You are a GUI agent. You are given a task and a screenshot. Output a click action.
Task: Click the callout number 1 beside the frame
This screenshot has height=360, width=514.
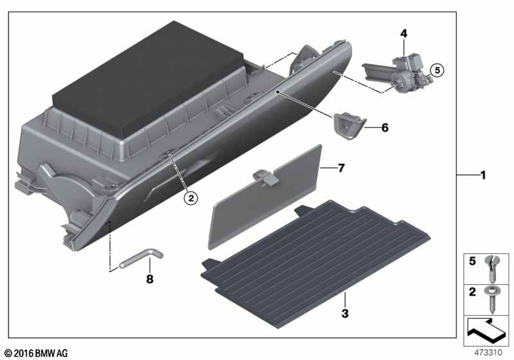[483, 175]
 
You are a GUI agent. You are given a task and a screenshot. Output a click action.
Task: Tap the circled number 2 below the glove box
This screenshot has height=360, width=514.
[190, 198]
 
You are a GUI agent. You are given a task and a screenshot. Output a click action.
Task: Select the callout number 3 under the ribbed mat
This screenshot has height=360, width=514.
[345, 314]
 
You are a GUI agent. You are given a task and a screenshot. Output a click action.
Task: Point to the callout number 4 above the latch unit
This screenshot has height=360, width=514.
[403, 33]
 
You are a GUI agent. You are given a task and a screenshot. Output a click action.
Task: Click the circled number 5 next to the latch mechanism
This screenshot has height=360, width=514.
[437, 70]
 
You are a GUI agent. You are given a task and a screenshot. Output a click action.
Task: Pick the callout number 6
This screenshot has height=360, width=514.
[385, 127]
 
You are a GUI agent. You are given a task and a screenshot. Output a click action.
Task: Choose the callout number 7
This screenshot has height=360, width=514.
[341, 168]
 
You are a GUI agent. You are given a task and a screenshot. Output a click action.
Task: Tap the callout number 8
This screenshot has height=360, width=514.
[150, 279]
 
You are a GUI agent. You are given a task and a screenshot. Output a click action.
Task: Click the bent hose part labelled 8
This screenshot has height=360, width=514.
[141, 258]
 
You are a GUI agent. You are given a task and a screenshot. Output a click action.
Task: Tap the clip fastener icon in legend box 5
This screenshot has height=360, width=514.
[492, 269]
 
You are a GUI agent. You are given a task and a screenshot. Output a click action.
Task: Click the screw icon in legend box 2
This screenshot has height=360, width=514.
[492, 300]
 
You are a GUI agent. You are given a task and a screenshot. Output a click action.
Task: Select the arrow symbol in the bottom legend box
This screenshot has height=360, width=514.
[486, 330]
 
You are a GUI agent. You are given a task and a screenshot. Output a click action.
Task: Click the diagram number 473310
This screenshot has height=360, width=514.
[488, 353]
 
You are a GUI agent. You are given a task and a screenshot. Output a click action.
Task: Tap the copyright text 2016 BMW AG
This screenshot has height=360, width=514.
[37, 354]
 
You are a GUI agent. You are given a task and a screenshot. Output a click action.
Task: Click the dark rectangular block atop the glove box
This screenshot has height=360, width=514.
[148, 77]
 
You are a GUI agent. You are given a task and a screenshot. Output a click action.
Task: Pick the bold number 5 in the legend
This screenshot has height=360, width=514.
[472, 261]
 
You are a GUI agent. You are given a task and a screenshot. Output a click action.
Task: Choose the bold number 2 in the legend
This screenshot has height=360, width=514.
[472, 292]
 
